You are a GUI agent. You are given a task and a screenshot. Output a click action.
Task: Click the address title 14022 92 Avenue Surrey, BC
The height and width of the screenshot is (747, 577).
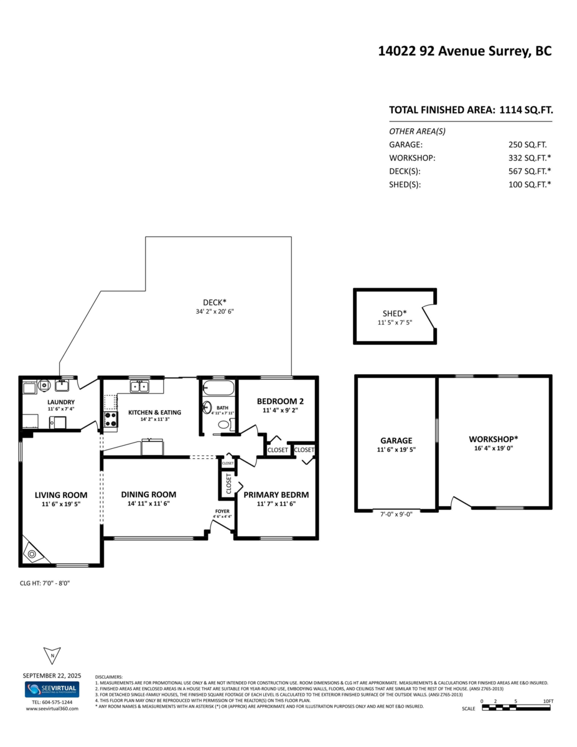coord(464,52)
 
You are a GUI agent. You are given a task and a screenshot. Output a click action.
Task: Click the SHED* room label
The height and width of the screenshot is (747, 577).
coord(395,314)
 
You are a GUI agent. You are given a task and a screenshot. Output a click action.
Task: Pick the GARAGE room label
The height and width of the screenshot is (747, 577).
coord(396,440)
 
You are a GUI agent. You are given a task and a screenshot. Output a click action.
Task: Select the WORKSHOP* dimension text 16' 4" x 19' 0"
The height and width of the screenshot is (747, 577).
coord(493,448)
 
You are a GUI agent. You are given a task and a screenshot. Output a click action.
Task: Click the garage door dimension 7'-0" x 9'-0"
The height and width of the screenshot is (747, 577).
coord(396,514)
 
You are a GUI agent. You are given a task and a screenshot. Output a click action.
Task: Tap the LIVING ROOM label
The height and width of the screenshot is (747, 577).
coord(60,495)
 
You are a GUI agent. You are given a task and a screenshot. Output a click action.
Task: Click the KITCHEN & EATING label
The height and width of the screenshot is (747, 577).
coord(154,412)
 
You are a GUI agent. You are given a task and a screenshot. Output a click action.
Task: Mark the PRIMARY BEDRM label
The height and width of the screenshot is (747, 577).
coord(276,495)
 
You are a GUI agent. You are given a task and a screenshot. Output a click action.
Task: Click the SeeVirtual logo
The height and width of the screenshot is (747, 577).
coord(52,690)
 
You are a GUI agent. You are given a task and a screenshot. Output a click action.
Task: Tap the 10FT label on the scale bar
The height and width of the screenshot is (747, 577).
coord(548,701)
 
